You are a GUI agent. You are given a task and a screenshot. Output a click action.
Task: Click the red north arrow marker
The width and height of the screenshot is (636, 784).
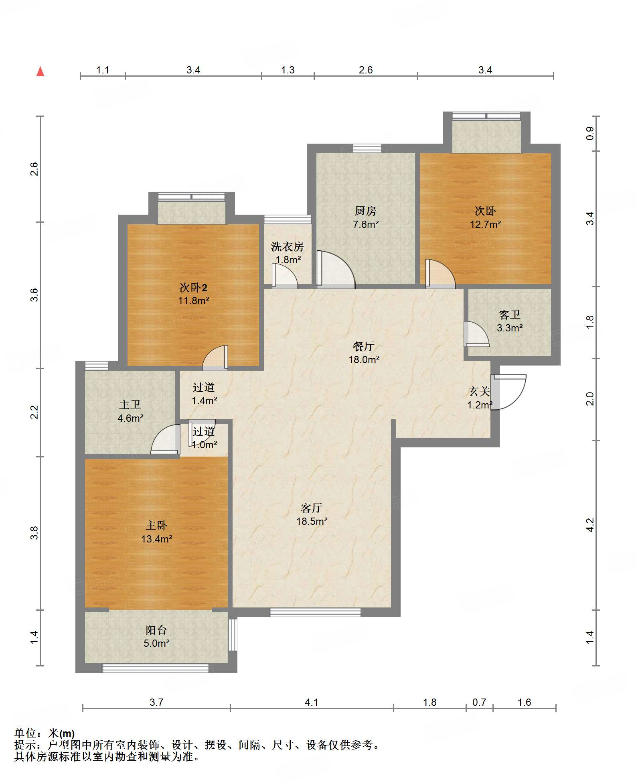pyautogui.click(x=40, y=71)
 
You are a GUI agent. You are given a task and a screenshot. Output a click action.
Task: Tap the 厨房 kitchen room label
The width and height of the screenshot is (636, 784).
pyautogui.click(x=365, y=211)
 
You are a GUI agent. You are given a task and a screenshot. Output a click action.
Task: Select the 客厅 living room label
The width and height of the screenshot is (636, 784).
pyautogui.click(x=312, y=508)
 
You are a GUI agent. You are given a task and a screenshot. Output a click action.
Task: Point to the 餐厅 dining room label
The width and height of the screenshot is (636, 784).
pyautogui.click(x=364, y=346)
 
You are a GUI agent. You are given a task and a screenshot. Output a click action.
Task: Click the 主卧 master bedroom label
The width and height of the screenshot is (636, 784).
pyautogui.click(x=156, y=525)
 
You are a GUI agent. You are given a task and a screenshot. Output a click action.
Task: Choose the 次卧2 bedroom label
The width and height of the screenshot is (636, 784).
pyautogui.click(x=193, y=287)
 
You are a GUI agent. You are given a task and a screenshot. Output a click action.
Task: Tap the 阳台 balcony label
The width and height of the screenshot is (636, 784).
pyautogui.click(x=156, y=630)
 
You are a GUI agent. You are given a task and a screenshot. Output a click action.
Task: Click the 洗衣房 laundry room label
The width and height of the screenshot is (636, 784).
pyautogui.click(x=288, y=246)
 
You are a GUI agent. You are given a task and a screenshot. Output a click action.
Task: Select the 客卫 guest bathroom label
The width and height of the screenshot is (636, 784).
pyautogui.click(x=510, y=315)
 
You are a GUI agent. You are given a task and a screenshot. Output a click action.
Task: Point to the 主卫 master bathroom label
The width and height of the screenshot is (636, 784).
pyautogui.click(x=130, y=405)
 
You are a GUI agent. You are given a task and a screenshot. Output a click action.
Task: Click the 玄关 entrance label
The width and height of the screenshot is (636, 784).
pyautogui.click(x=480, y=391)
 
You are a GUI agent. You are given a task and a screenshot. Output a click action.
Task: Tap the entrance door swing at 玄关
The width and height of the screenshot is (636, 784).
pyautogui.click(x=508, y=392)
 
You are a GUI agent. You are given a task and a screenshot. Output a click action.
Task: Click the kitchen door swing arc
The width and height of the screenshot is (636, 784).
pyautogui.click(x=336, y=270)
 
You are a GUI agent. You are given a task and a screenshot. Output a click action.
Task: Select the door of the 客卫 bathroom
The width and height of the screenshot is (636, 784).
pyautogui.click(x=476, y=334)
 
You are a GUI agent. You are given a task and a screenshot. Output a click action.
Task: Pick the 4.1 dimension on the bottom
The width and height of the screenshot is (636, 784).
pyautogui.click(x=312, y=702)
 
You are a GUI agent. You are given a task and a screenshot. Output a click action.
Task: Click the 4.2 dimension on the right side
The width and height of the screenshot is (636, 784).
pyautogui.click(x=590, y=525)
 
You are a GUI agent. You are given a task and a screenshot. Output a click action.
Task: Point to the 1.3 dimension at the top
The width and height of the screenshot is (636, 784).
pyautogui.click(x=288, y=70)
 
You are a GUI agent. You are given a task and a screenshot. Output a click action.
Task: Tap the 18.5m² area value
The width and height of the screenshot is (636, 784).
pyautogui.click(x=312, y=521)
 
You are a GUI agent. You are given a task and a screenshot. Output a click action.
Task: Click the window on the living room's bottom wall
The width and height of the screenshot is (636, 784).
pyautogui.click(x=315, y=612)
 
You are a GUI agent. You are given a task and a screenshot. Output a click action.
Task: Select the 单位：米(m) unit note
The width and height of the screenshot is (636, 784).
pyautogui.click(x=45, y=733)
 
